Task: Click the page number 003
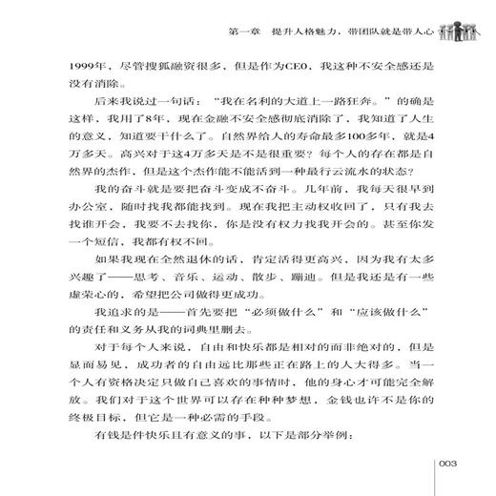click(x=450, y=464)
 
